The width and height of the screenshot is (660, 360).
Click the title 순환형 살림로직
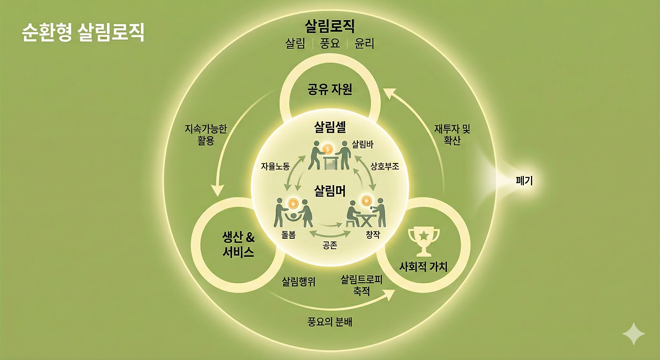(x=83, y=32)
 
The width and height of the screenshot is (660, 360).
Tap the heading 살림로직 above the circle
(x=329, y=26)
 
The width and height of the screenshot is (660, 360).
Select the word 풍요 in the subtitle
(x=329, y=44)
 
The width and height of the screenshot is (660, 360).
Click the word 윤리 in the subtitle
(x=364, y=44)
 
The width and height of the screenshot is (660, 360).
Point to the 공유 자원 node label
(x=329, y=89)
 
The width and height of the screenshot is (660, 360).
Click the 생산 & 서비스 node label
(x=238, y=246)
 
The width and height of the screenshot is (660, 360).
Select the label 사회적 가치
(x=423, y=267)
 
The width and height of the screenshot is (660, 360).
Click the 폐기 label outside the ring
(x=524, y=181)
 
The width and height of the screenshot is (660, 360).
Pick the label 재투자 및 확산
(x=452, y=135)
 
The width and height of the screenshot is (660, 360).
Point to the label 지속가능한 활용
(x=206, y=134)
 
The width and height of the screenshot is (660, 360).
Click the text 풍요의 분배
(x=329, y=322)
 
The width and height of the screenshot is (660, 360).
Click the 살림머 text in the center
(x=329, y=191)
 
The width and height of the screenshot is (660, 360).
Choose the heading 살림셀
(x=329, y=127)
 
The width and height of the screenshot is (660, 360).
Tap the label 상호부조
(x=385, y=167)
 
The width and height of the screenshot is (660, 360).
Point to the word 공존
(x=329, y=246)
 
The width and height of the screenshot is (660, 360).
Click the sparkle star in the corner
(x=633, y=334)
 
